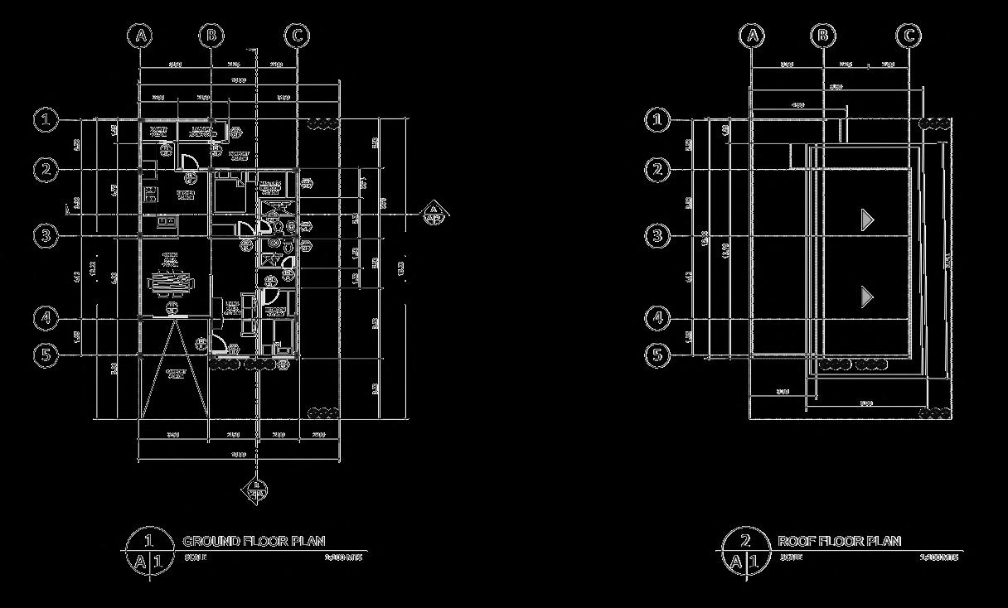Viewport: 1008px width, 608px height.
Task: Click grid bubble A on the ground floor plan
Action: pyautogui.click(x=142, y=36)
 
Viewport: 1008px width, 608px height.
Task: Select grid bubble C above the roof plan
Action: pyautogui.click(x=909, y=36)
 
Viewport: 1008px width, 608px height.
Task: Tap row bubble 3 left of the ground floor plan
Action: pyautogui.click(x=46, y=236)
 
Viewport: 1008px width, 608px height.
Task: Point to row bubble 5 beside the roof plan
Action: pyautogui.click(x=657, y=355)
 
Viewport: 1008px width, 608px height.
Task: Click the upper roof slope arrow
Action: pyautogui.click(x=867, y=220)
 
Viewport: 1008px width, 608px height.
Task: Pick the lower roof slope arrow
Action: pyautogui.click(x=867, y=297)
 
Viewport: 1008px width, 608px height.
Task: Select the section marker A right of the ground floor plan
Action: pyautogui.click(x=433, y=214)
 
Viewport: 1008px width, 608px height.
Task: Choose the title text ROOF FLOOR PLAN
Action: pyautogui.click(x=839, y=542)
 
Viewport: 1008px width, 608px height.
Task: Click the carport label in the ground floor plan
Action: pyautogui.click(x=175, y=374)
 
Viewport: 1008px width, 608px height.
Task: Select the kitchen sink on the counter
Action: pyautogui.click(x=166, y=221)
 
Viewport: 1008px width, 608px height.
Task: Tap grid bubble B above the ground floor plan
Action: pyautogui.click(x=211, y=36)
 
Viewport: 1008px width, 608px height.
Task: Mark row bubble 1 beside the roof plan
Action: pyautogui.click(x=657, y=120)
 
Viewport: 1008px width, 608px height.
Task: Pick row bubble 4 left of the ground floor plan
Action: pyautogui.click(x=46, y=318)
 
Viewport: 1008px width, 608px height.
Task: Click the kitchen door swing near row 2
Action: pyautogui.click(x=189, y=162)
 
